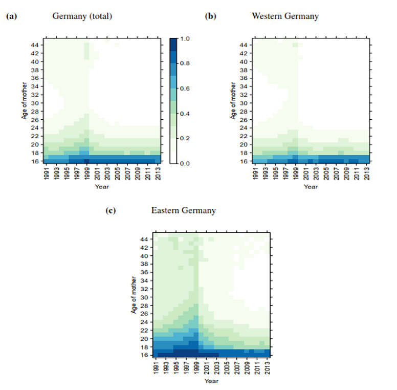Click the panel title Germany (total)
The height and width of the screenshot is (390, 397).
pyautogui.click(x=82, y=16)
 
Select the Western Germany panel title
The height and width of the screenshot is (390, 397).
pyautogui.click(x=285, y=16)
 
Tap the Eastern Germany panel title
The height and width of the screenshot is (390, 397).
pyautogui.click(x=183, y=210)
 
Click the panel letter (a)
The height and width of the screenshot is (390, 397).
pyautogui.click(x=11, y=16)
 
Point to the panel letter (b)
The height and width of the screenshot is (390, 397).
pyautogui.click(x=210, y=16)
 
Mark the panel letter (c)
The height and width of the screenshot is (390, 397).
pyautogui.click(x=111, y=210)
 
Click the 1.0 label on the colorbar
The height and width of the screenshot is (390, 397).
pyautogui.click(x=186, y=39)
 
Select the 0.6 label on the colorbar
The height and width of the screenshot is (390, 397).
pyautogui.click(x=186, y=89)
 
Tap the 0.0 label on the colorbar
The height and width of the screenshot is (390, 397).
pyautogui.click(x=186, y=163)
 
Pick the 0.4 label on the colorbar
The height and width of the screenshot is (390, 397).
pyautogui.click(x=186, y=114)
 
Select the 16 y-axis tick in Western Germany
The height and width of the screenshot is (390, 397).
pyautogui.click(x=244, y=161)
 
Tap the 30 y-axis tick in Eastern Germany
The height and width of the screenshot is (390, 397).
pyautogui.click(x=145, y=297)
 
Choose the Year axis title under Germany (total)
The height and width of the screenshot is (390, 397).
pyautogui.click(x=101, y=186)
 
